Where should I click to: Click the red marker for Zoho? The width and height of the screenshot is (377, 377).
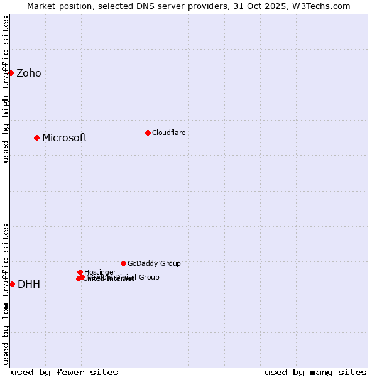[11, 73]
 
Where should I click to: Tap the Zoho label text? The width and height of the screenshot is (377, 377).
[29, 74]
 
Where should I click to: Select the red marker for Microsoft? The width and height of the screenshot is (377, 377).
[36, 138]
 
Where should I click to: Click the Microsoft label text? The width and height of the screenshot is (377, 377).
[65, 138]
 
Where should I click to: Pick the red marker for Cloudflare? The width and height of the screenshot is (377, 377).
[148, 133]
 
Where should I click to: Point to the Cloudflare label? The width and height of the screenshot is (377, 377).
[168, 133]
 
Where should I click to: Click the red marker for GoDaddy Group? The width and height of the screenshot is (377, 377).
[123, 263]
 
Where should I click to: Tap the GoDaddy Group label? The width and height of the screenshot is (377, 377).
[154, 264]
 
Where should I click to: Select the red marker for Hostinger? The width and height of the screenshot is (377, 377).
[80, 272]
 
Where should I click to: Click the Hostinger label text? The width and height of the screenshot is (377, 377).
[100, 272]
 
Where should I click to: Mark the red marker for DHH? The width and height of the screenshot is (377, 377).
[12, 284]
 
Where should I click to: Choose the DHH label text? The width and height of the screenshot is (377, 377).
[29, 285]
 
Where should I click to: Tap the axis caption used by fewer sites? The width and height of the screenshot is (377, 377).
[65, 372]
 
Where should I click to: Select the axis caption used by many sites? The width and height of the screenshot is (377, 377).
[315, 372]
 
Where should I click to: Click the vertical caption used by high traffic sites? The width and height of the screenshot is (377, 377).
[6, 89]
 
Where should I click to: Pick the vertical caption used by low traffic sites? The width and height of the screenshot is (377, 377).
[6, 294]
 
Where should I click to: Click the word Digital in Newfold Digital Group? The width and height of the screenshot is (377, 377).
[125, 277]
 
